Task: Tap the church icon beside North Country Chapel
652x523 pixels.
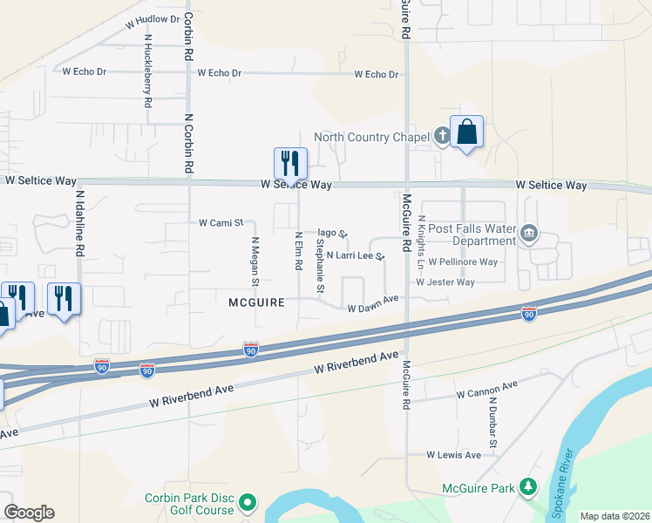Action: tap(442, 136)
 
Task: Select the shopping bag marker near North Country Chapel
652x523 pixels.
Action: tap(466, 132)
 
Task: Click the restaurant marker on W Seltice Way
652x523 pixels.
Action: tap(290, 163)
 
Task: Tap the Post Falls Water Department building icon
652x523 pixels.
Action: tap(529, 233)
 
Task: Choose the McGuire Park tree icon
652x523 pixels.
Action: tap(527, 487)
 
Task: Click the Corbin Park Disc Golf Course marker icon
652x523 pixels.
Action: tap(248, 503)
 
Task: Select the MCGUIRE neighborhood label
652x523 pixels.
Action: tap(257, 302)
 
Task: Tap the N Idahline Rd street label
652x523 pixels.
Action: tap(79, 223)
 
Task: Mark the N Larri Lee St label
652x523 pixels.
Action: tap(355, 256)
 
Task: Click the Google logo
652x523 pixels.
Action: tap(29, 513)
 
